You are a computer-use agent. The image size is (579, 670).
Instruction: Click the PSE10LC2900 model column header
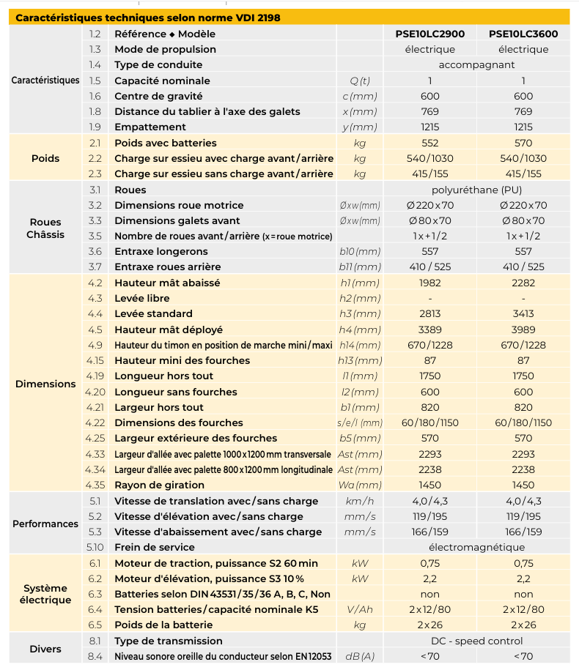pyautogui.click(x=430, y=34)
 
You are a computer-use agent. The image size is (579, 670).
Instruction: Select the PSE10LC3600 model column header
pyautogui.click(x=523, y=34)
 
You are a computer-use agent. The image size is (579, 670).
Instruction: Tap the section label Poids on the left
pyautogui.click(x=45, y=158)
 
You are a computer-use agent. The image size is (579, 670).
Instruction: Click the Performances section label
pyautogui.click(x=45, y=524)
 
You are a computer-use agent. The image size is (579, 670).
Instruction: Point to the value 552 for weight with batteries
pyautogui.click(x=430, y=143)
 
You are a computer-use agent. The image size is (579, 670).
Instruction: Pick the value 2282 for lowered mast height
pyautogui.click(x=523, y=283)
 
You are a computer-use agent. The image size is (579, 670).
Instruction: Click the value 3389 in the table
pyautogui.click(x=430, y=330)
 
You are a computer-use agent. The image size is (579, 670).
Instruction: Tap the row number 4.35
pyautogui.click(x=95, y=485)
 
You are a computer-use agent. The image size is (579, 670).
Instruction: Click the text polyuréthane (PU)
pyautogui.click(x=476, y=190)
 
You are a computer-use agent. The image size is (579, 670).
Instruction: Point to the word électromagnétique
pyautogui.click(x=476, y=547)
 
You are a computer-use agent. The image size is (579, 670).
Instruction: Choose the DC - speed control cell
pyautogui.click(x=476, y=641)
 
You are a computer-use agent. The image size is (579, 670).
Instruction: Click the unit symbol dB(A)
pyautogui.click(x=360, y=656)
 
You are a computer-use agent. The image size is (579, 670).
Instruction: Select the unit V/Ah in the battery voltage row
pyautogui.click(x=360, y=609)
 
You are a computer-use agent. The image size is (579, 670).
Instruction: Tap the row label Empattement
pyautogui.click(x=150, y=127)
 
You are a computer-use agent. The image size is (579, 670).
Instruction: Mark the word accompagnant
pyautogui.click(x=476, y=65)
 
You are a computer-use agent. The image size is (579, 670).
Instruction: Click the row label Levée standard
pyautogui.click(x=153, y=313)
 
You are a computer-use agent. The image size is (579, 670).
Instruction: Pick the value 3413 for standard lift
pyautogui.click(x=523, y=313)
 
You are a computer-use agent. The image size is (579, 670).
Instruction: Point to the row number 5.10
pyautogui.click(x=95, y=547)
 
